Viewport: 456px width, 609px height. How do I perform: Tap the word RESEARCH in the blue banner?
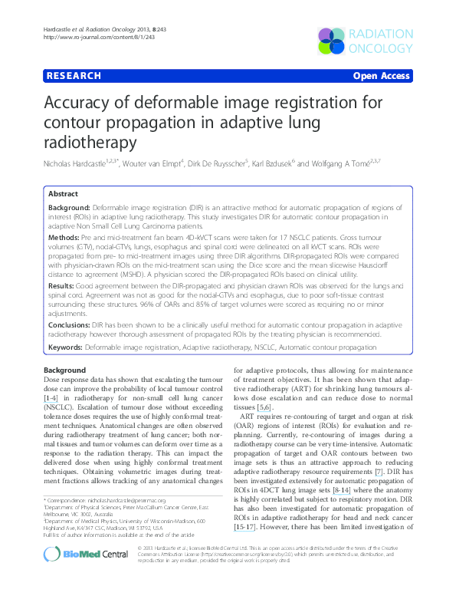[74, 76]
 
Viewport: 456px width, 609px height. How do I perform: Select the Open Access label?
[381, 76]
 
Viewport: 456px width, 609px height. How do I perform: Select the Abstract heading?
[64, 195]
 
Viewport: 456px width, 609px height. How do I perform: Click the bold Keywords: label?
[65, 348]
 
